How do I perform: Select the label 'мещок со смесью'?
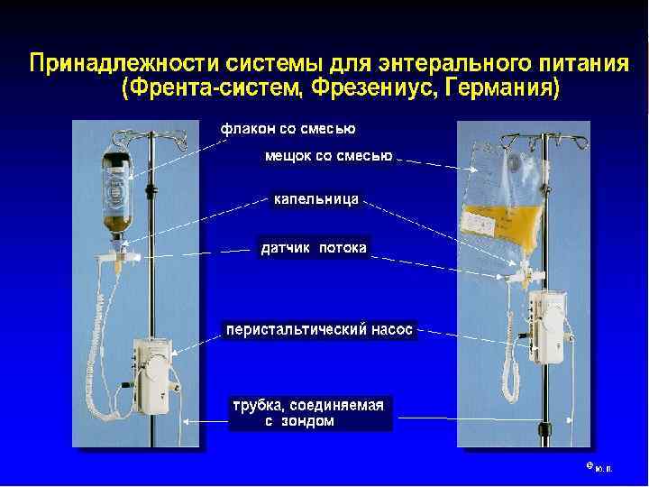coord(326,157)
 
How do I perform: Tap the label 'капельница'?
coord(316,198)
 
